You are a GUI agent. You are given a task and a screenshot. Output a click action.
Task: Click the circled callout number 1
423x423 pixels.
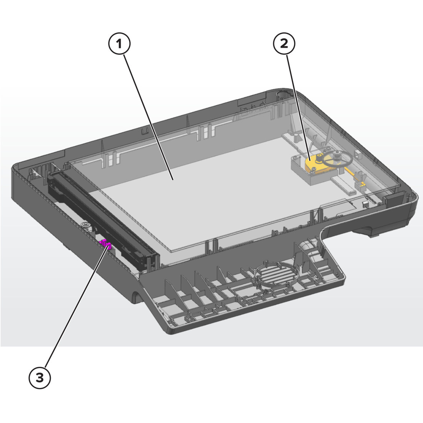tap(119, 44)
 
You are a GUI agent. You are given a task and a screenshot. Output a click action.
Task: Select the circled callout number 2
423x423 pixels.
tap(284, 44)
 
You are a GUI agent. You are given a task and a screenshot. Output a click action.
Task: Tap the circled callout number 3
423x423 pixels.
tap(40, 378)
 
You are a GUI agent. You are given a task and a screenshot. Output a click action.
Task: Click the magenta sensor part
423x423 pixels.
tap(106, 244)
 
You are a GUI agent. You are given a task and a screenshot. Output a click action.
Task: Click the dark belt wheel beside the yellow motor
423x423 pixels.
tap(338, 159)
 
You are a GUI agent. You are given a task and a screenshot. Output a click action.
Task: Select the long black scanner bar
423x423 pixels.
tap(102, 221)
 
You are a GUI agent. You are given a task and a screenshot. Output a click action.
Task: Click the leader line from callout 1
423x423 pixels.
tap(148, 117)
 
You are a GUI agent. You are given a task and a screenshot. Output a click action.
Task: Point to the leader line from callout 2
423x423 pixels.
tap(299, 107)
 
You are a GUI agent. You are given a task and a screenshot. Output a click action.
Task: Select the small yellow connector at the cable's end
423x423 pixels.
tap(361, 185)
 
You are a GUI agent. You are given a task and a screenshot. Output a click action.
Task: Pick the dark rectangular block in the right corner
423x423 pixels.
tap(394, 200)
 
